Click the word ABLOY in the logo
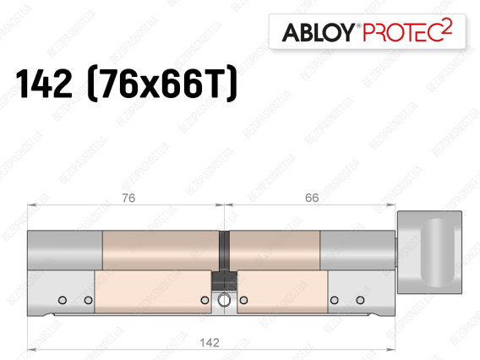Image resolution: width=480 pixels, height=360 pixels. click(x=319, y=32)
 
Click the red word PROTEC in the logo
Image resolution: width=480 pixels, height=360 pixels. click(x=403, y=32)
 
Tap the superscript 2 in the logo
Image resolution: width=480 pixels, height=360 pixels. click(x=447, y=27)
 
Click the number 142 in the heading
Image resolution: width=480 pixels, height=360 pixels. click(x=44, y=84)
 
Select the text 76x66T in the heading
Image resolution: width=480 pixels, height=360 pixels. click(x=162, y=84)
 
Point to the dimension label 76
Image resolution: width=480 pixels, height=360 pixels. click(x=128, y=198)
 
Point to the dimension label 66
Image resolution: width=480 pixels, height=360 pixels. click(x=312, y=198)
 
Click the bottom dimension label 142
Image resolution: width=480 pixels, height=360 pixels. click(x=210, y=342)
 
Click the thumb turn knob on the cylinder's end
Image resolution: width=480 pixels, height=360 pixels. click(x=429, y=252)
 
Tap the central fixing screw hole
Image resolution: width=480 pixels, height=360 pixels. click(x=225, y=300)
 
